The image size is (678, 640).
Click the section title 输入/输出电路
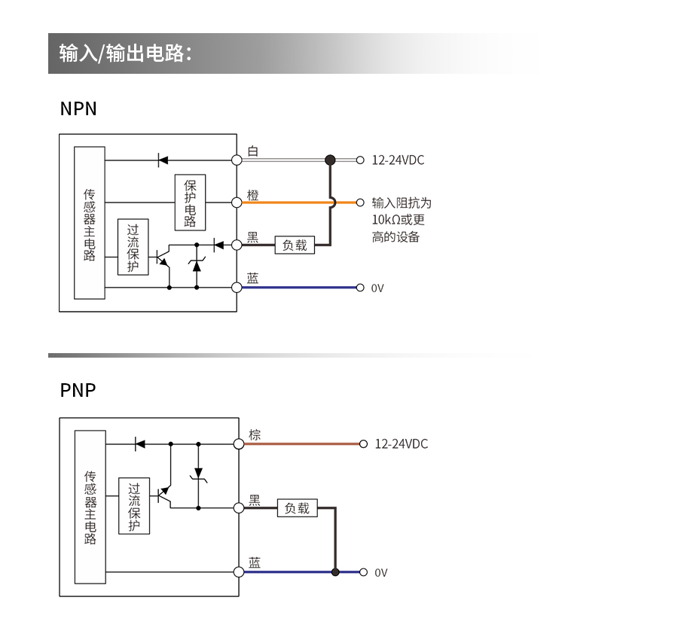point(126,53)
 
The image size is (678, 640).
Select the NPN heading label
point(78,109)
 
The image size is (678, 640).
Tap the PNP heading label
point(78,391)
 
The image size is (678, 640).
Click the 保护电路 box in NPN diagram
point(190,203)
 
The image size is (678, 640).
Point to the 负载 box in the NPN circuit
point(295,245)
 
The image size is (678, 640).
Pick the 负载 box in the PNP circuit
point(298,508)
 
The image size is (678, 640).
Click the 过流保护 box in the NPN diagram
point(133,247)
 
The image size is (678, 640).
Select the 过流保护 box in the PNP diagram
point(134,507)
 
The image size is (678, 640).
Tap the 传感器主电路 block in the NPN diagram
point(90,223)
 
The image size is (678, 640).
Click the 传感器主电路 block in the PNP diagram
point(90,507)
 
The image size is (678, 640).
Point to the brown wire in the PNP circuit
point(301,443)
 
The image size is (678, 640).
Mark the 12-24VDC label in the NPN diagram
point(398,160)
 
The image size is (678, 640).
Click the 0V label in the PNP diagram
point(381,573)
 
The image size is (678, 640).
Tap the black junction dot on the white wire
point(330,160)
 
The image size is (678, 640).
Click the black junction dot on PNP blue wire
point(335,572)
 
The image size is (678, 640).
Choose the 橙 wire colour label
point(253,194)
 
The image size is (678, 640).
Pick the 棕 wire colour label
point(255,434)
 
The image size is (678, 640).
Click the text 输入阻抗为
point(402,203)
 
